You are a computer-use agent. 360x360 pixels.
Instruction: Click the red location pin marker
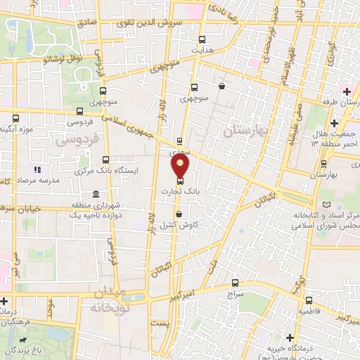pos(181,167)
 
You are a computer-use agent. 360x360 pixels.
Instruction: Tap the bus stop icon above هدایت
pos(203,39)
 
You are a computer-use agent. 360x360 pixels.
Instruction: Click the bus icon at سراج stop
pos(235,283)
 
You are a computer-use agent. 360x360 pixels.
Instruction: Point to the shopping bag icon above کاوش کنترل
pos(179,214)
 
